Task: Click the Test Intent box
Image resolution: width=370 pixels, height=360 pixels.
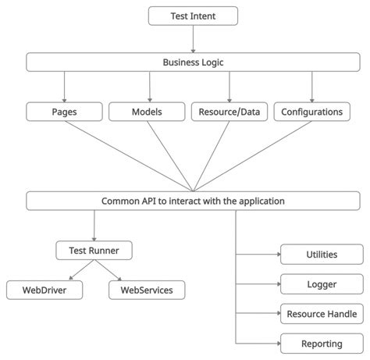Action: point(193,16)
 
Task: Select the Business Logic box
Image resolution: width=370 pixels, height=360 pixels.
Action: point(193,62)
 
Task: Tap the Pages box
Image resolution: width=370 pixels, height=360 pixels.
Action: point(63,112)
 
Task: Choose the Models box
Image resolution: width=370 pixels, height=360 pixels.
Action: point(146,112)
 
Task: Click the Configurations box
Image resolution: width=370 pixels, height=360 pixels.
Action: point(311,112)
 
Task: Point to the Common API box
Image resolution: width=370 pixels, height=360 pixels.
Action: point(193,201)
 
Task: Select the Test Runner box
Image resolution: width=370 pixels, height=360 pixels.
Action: point(94,251)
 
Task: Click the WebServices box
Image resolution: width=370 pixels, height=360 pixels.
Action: point(147,290)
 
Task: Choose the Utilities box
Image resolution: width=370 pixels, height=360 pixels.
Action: point(322,255)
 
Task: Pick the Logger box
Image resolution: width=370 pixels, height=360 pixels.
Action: point(322,284)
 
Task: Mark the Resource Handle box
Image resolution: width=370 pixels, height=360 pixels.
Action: point(322,314)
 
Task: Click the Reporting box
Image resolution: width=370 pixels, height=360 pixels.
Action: point(322,344)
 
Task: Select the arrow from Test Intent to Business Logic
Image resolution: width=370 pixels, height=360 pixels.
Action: point(193,39)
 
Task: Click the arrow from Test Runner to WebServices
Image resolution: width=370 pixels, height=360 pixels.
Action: point(110,271)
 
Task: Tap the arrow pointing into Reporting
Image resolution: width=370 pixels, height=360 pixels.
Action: point(258,344)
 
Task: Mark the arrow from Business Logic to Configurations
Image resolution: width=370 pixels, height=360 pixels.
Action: point(311,87)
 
